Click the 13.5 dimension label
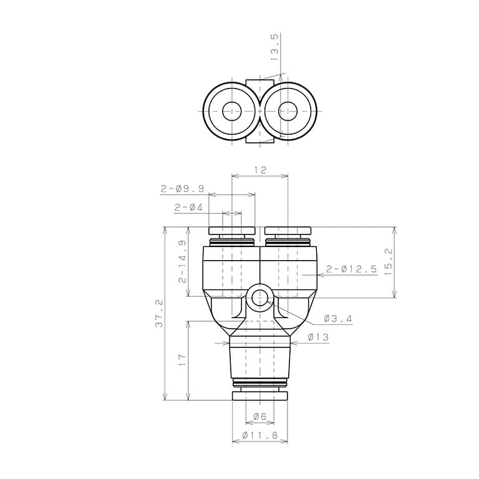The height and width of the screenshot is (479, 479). click(x=274, y=47)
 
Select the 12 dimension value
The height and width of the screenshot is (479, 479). click(x=260, y=170)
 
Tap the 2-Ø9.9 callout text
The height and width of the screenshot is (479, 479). click(x=182, y=188)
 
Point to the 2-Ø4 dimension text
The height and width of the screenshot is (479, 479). click(x=188, y=208)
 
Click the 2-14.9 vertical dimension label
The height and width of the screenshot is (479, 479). click(x=181, y=261)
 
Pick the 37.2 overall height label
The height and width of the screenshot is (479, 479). click(x=159, y=314)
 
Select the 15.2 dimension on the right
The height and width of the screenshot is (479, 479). click(x=388, y=261)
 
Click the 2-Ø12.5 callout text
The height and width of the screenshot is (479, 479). click(x=351, y=269)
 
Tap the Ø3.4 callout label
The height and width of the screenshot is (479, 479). click(x=338, y=319)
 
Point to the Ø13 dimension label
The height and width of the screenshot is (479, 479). click(x=318, y=337)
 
